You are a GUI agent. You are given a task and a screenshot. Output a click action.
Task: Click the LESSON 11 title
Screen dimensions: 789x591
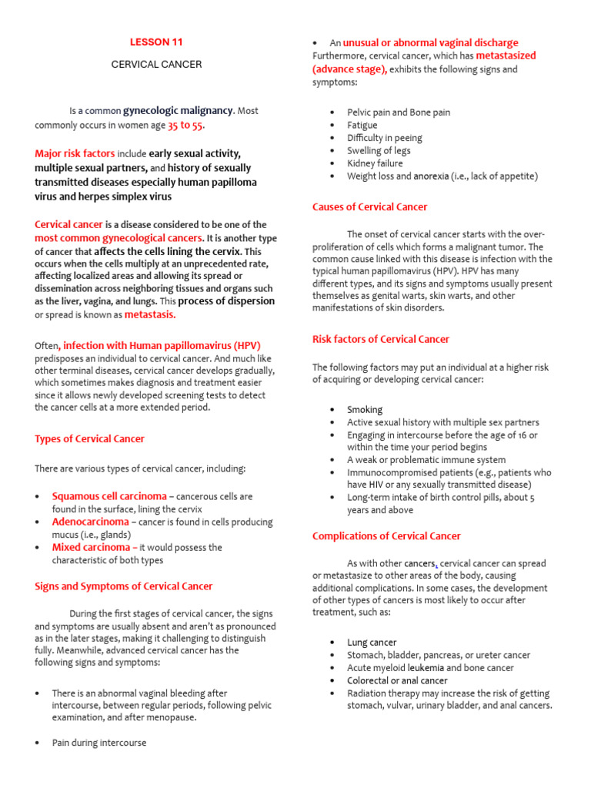coord(156,42)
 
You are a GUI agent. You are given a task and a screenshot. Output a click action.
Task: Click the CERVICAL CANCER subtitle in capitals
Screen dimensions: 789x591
coord(156,65)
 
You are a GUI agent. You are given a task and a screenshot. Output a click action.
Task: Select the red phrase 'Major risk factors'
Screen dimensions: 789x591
coord(75,153)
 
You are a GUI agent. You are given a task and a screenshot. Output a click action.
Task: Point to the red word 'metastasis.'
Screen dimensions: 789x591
coord(150,314)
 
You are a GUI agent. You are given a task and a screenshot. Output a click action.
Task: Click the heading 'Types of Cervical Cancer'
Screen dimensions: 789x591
coord(89,439)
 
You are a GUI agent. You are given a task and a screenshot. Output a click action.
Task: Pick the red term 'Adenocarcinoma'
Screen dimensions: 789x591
coord(90,522)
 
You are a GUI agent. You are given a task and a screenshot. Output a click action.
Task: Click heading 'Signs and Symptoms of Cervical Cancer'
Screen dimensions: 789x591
coord(124,586)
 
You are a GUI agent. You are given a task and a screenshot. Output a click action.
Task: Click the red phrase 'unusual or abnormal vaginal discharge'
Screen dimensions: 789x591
coord(430,43)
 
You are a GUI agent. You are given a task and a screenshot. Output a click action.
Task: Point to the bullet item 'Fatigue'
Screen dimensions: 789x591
coord(362,125)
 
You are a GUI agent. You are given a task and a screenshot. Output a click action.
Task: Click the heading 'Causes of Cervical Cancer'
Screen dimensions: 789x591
coord(369,207)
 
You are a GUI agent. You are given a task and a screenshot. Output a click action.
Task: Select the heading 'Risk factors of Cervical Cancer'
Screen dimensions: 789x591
coord(380,339)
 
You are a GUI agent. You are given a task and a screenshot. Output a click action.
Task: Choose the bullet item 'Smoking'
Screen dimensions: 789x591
coord(364,410)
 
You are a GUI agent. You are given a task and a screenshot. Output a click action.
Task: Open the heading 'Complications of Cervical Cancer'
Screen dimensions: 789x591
coord(386,536)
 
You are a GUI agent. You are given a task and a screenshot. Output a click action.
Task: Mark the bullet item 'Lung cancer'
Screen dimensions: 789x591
coord(372,643)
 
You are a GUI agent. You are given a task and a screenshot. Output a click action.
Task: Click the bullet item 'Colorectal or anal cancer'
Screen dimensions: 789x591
coord(397,680)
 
